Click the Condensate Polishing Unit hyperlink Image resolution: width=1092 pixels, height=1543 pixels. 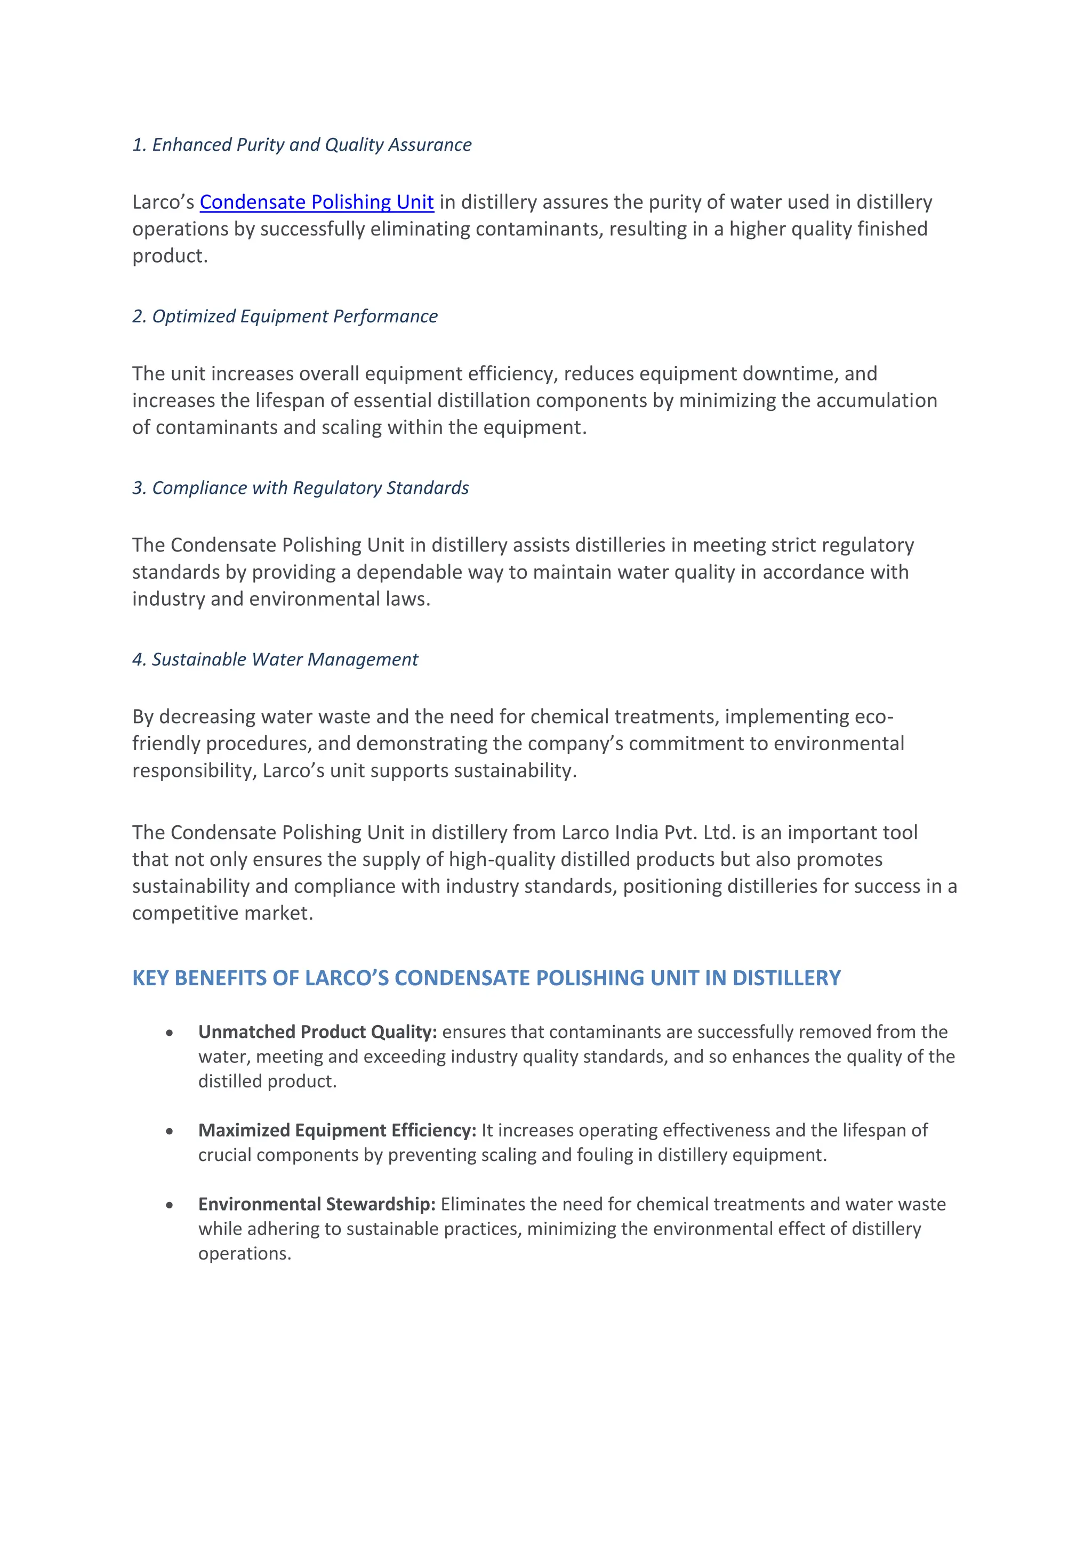tap(316, 202)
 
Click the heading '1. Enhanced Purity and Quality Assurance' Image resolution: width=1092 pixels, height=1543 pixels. tap(302, 145)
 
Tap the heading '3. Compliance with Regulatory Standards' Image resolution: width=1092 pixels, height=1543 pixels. tap(301, 488)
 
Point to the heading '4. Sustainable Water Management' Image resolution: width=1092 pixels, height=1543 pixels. tap(275, 659)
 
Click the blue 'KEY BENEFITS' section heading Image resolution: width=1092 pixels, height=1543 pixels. tap(486, 978)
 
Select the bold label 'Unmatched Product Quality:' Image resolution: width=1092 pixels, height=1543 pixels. tap(317, 1032)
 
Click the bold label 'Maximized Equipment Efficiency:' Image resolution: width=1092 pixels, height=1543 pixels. tap(337, 1131)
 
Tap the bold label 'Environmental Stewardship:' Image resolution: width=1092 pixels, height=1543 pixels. tap(317, 1204)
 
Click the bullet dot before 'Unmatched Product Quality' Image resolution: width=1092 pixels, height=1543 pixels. tap(170, 1033)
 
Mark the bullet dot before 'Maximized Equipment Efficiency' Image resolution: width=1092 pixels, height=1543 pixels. tap(170, 1132)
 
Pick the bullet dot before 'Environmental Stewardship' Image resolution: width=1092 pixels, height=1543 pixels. tap(170, 1206)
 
